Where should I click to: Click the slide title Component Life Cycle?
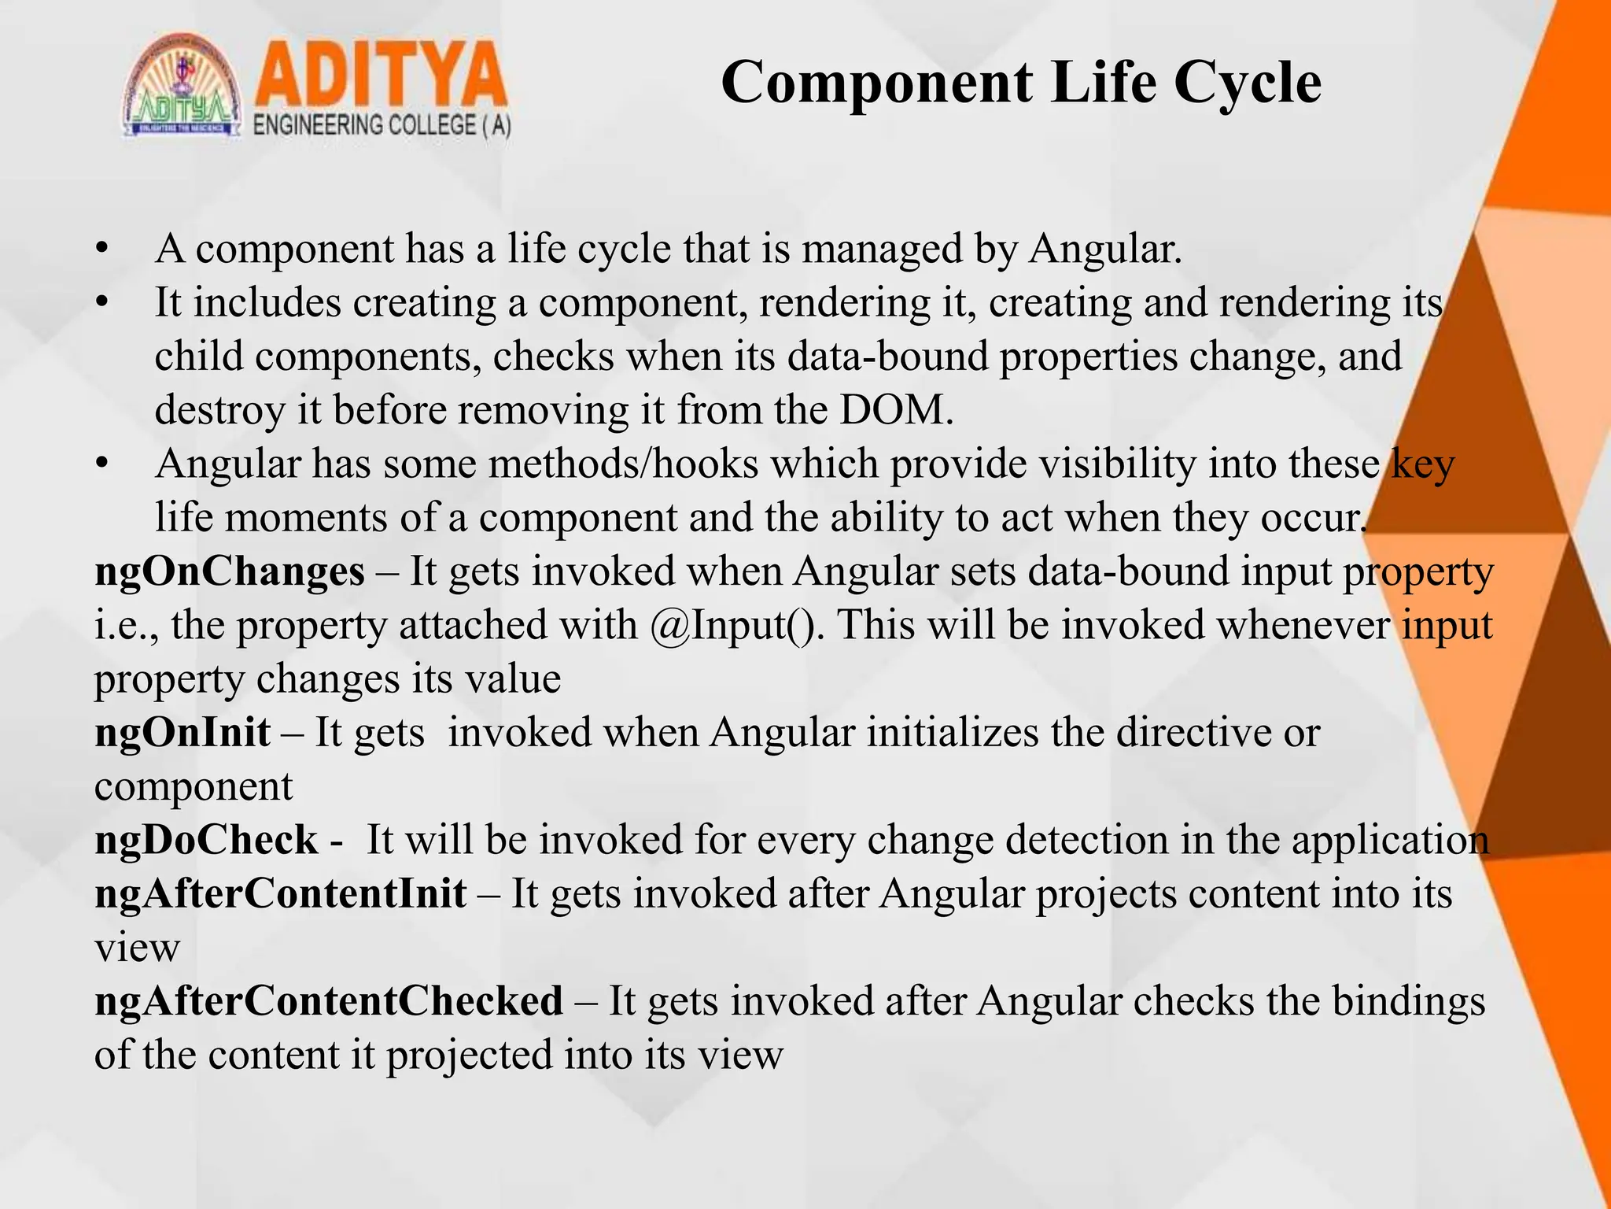pos(1020,83)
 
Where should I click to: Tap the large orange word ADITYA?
pos(381,76)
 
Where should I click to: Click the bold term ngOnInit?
pos(182,733)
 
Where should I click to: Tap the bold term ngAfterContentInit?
pos(280,894)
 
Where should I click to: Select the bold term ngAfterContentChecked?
pos(329,1002)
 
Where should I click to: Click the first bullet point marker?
pos(101,250)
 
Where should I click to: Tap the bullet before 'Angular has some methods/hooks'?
pos(101,465)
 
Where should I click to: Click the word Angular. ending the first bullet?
pos(1105,250)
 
